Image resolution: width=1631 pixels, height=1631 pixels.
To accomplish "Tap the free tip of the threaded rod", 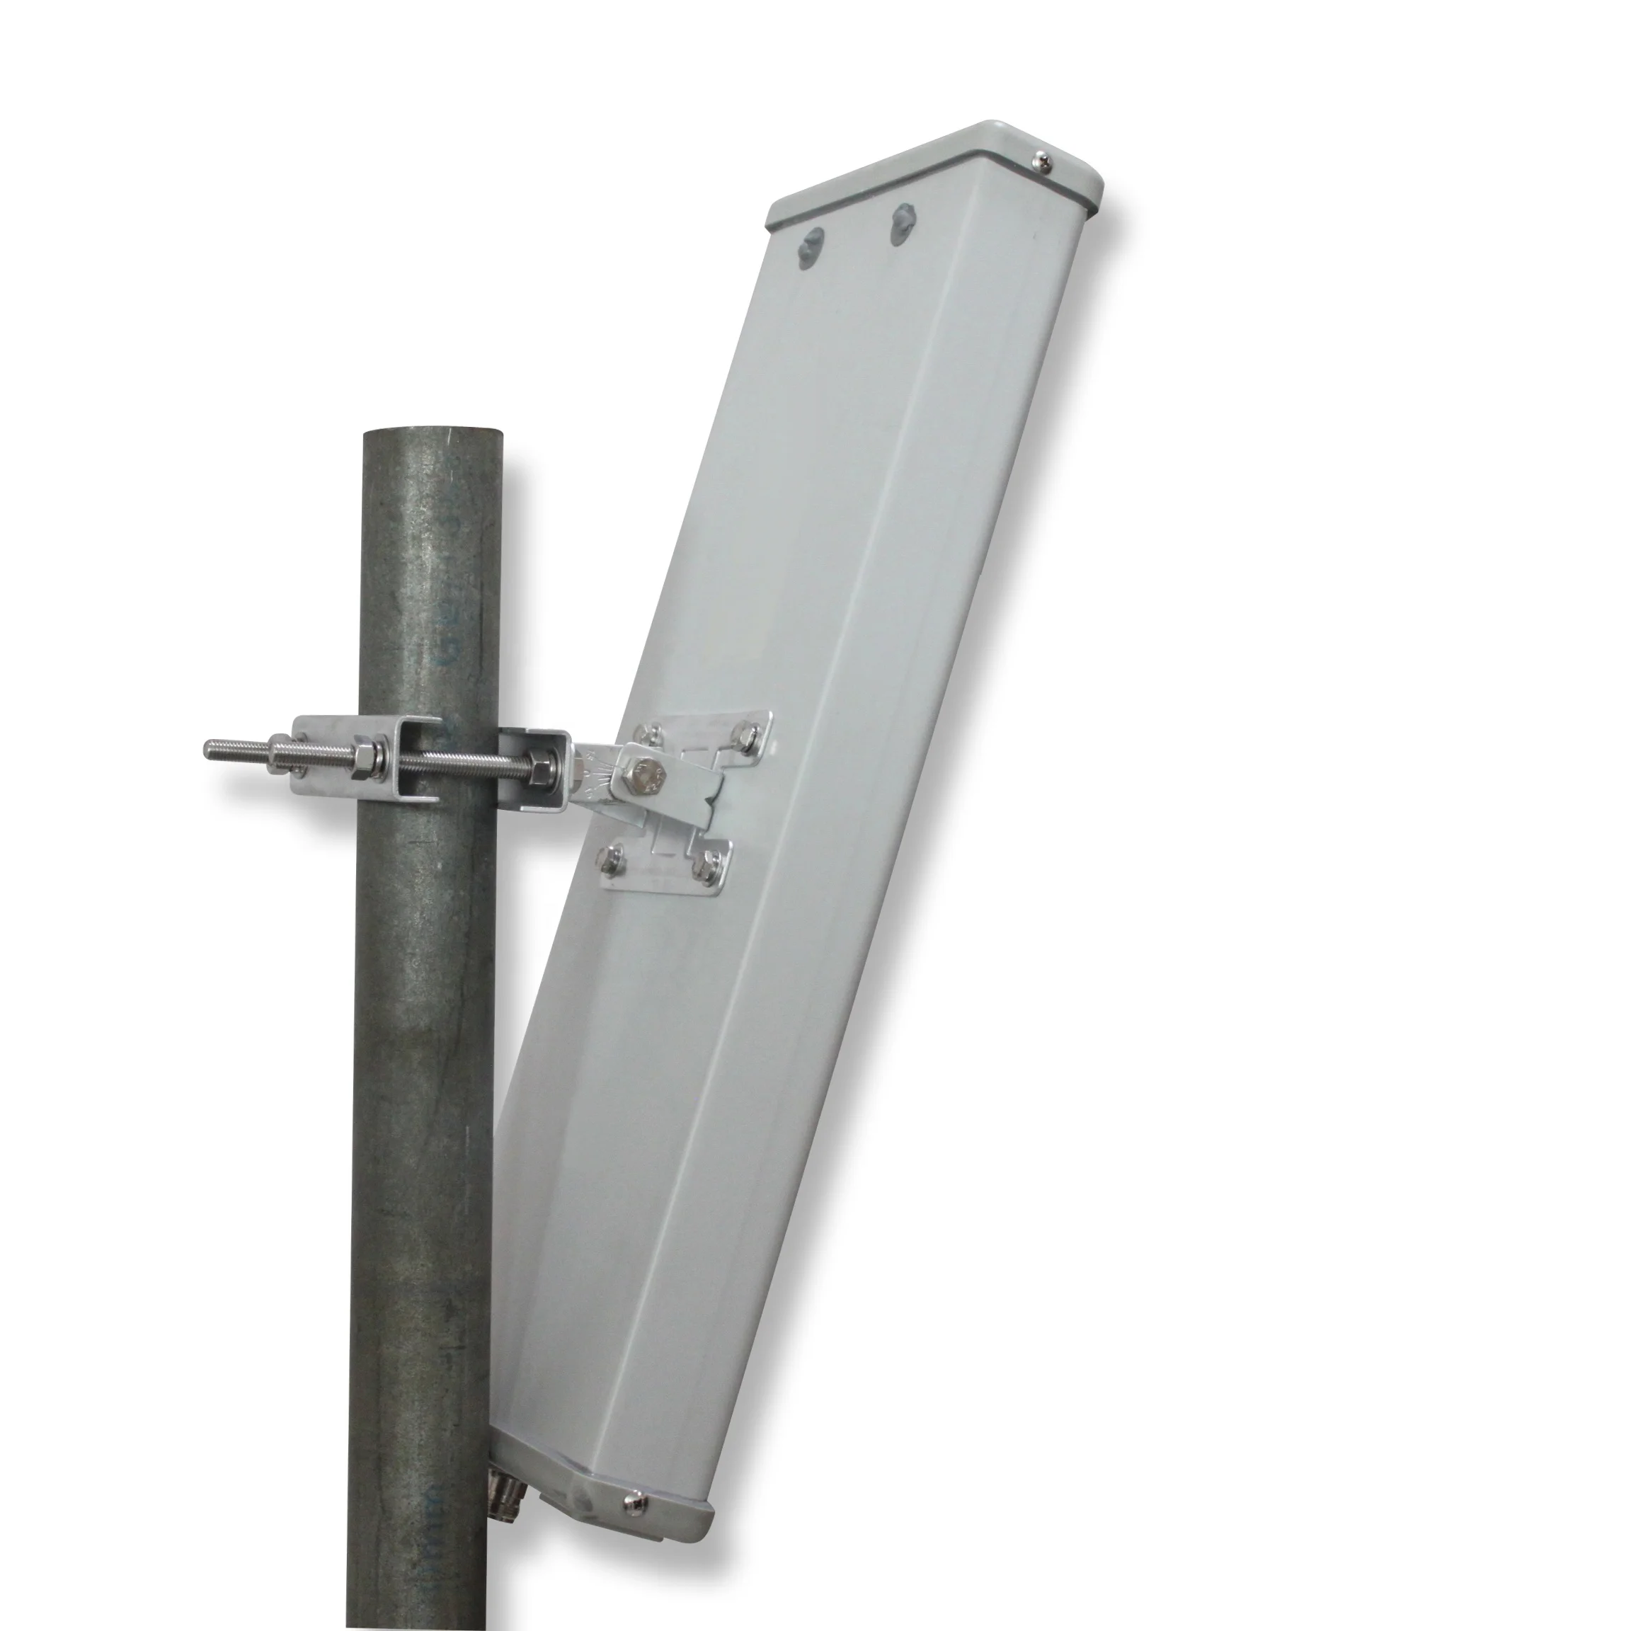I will pos(210,748).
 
